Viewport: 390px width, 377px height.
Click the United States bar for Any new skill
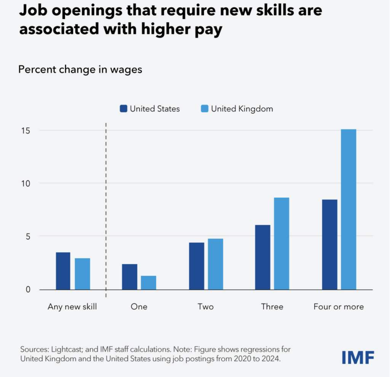pyautogui.click(x=63, y=271)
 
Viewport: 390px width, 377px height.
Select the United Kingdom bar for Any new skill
pyautogui.click(x=82, y=274)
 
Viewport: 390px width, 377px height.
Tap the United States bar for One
pyautogui.click(x=129, y=277)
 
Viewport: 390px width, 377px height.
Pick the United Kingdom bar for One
pyautogui.click(x=149, y=282)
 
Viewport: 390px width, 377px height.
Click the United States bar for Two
pyautogui.click(x=196, y=266)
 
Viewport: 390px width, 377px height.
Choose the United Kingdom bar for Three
pyautogui.click(x=281, y=243)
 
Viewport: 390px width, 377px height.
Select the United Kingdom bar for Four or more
pyautogui.click(x=348, y=209)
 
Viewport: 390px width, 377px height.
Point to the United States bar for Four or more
pyautogui.click(x=329, y=244)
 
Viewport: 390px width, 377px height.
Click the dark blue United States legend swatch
pyautogui.click(x=123, y=109)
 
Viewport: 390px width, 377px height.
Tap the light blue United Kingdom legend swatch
pyautogui.click(x=205, y=109)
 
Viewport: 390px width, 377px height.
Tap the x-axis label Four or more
pyautogui.click(x=339, y=307)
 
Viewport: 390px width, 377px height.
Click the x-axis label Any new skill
pyautogui.click(x=72, y=307)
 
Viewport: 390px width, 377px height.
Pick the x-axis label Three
pyautogui.click(x=272, y=307)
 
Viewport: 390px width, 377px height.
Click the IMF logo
pyautogui.click(x=358, y=358)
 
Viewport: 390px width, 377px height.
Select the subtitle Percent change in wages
pyautogui.click(x=80, y=70)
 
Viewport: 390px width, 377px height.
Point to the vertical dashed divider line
pyautogui.click(x=106, y=210)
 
